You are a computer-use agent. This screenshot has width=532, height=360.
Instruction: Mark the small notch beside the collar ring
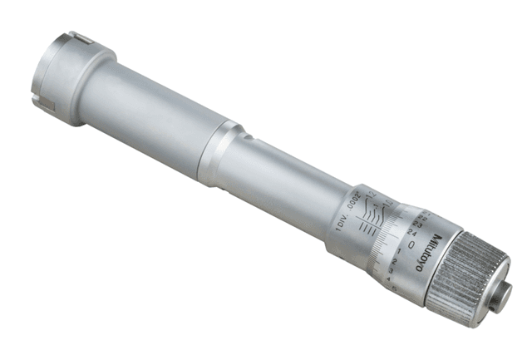pyautogui.click(x=242, y=131)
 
